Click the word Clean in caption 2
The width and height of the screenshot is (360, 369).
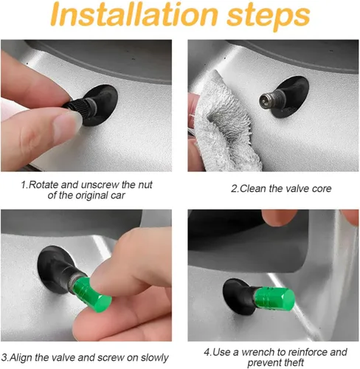(255, 189)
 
